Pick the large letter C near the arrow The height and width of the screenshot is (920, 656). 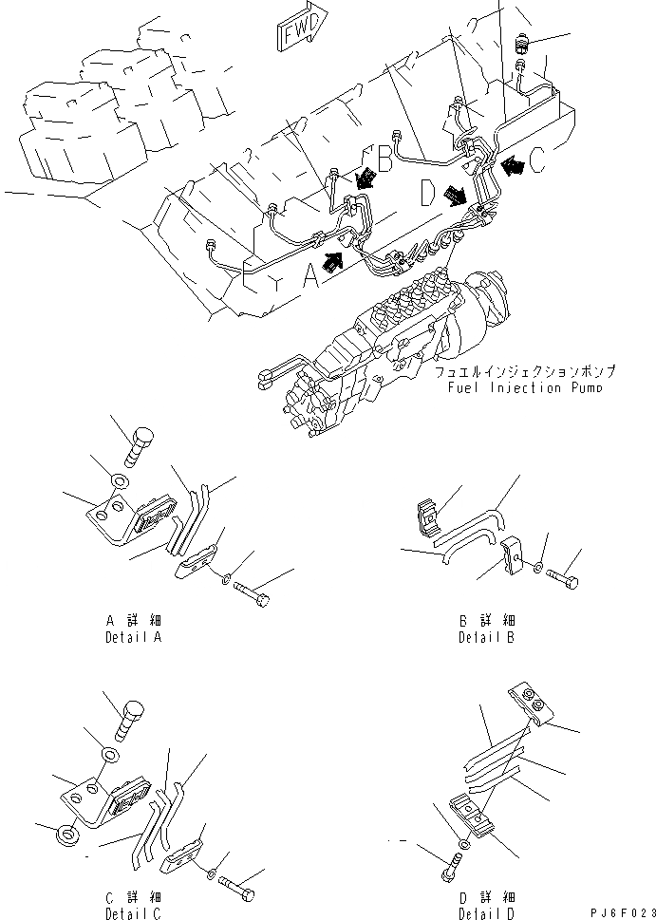[538, 162]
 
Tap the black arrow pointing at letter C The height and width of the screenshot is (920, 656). [514, 165]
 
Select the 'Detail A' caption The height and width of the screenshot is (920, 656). [134, 629]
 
